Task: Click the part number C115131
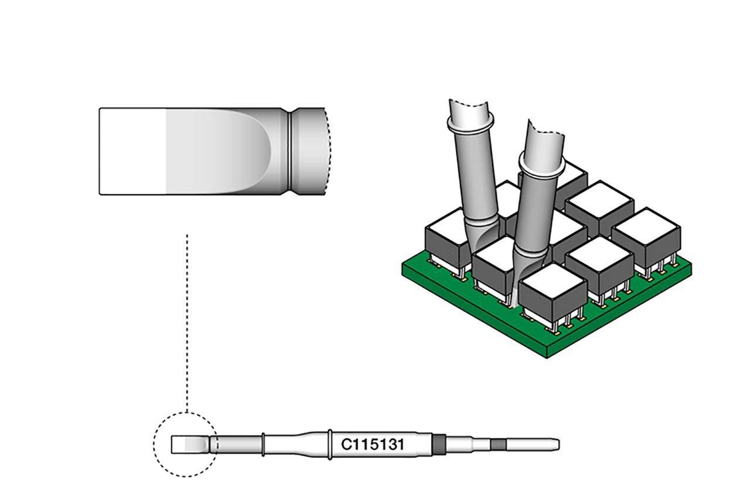(x=372, y=445)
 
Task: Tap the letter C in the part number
(x=346, y=445)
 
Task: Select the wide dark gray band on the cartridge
(x=439, y=445)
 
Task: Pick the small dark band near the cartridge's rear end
(x=498, y=445)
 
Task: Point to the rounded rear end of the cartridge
(x=557, y=445)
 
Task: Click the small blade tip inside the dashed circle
(x=190, y=445)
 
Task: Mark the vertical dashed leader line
(x=187, y=323)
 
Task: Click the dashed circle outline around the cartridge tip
(x=154, y=445)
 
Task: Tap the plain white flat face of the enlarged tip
(x=133, y=151)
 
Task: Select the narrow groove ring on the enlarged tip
(x=290, y=151)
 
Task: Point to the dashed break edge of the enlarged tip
(x=329, y=151)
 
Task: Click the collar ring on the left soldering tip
(x=471, y=124)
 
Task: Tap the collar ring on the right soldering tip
(x=541, y=168)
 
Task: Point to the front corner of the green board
(x=547, y=357)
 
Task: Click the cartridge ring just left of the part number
(x=330, y=445)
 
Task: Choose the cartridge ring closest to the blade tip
(x=264, y=445)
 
